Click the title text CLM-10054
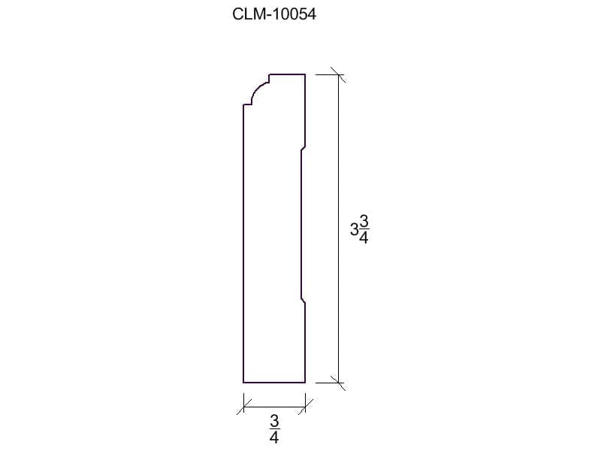pos(274,14)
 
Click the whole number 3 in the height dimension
pos(354,230)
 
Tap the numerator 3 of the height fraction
pos(364,221)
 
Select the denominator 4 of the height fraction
pos(364,238)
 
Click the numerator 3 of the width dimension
pos(274,421)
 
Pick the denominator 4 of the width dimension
pos(274,437)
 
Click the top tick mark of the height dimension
pos(338,74)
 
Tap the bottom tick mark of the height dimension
pos(338,383)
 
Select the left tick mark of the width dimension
pos(243,407)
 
